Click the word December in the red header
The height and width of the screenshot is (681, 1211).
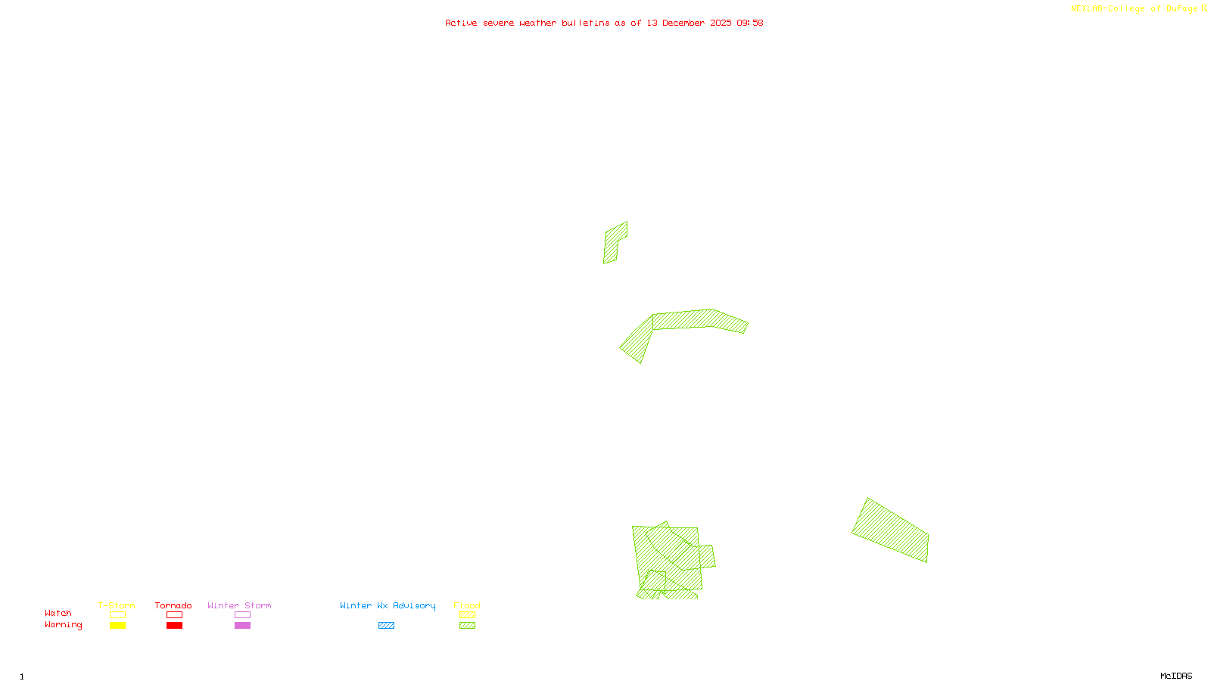(x=683, y=23)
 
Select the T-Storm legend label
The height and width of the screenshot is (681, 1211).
(x=117, y=605)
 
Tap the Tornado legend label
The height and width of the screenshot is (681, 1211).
(x=173, y=605)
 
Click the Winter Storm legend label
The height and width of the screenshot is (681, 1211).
(x=239, y=605)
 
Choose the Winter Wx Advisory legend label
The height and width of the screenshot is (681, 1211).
(x=388, y=605)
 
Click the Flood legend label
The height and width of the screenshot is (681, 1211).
(x=467, y=605)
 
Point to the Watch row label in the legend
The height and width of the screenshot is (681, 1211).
(x=58, y=613)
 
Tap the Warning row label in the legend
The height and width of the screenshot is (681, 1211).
(x=64, y=625)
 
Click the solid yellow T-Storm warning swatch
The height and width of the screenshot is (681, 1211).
(x=117, y=626)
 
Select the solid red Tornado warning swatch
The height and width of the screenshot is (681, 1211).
(x=174, y=626)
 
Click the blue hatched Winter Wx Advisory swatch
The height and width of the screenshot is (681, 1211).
(x=386, y=626)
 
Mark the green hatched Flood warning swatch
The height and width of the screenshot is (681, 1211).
(x=467, y=626)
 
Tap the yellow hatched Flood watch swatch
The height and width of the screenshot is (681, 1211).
(x=467, y=615)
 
